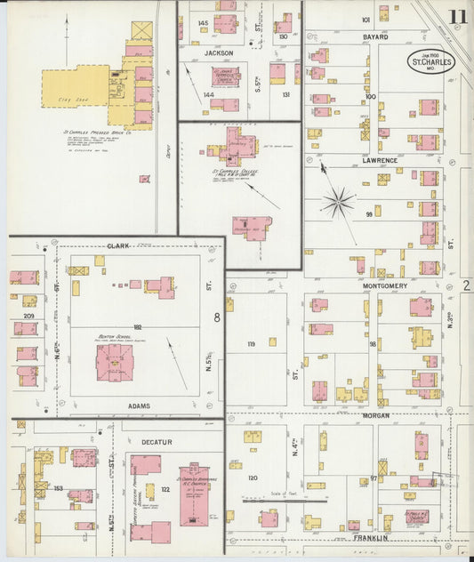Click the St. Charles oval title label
click(x=432, y=61)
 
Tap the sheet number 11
click(x=459, y=16)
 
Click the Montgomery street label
click(x=384, y=286)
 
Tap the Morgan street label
click(x=376, y=415)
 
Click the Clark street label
click(x=117, y=246)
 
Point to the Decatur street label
click(x=157, y=441)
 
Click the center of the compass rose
click(x=338, y=203)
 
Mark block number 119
click(x=251, y=343)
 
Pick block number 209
click(x=29, y=316)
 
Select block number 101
click(x=366, y=19)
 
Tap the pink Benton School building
click(x=114, y=363)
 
